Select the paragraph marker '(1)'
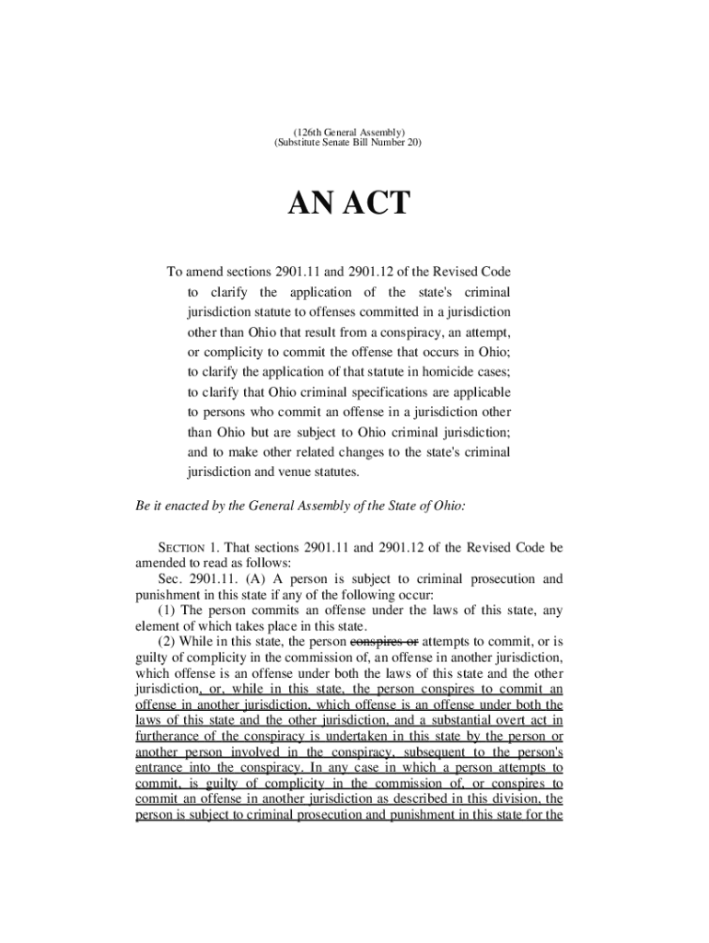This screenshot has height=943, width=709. (167, 610)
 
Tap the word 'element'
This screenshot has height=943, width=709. (157, 626)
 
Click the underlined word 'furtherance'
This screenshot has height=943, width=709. (171, 736)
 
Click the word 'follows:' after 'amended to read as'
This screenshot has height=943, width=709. (267, 563)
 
